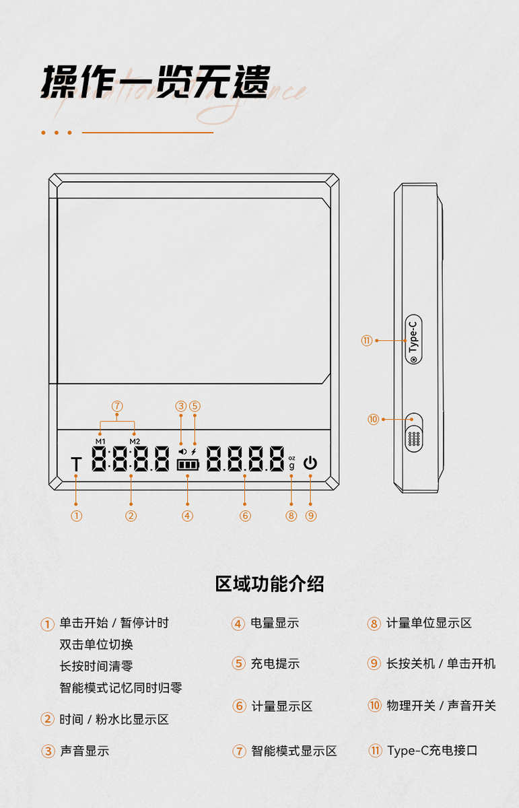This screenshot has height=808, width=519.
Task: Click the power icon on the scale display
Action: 310,463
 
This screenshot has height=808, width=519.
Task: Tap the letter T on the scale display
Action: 76,464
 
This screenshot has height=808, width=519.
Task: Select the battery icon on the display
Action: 188,465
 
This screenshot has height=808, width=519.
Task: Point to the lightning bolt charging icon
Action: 194,451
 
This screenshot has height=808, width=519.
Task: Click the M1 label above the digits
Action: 100,441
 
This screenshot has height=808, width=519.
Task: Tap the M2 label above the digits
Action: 135,441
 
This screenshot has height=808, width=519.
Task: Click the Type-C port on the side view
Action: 413,339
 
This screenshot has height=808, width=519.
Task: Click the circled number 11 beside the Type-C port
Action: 366,341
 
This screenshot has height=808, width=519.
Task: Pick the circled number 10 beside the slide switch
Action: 374,419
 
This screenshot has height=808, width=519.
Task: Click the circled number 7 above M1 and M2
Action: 117,406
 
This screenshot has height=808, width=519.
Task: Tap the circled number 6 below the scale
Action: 245,516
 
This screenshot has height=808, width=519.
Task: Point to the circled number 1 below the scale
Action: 76,516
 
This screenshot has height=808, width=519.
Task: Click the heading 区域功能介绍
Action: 269,584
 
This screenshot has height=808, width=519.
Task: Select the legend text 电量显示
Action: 275,623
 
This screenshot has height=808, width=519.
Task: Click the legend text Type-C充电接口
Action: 432,750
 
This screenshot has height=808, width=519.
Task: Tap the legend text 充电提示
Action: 275,663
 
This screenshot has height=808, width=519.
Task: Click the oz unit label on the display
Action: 291,457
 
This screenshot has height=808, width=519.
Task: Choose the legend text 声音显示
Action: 84,751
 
